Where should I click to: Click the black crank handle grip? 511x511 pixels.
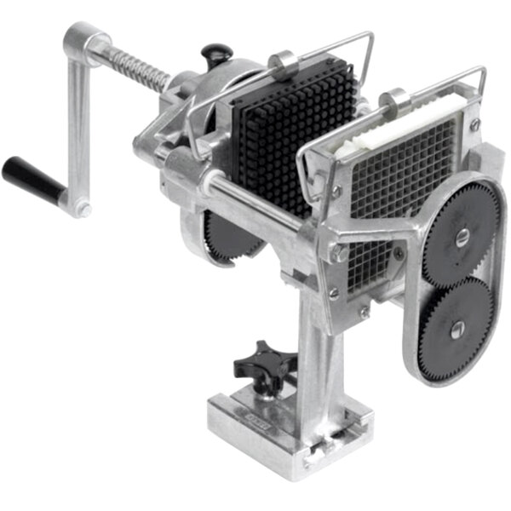click(32, 179)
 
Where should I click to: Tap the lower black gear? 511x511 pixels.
click(456, 328)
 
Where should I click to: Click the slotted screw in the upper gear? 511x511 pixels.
click(461, 239)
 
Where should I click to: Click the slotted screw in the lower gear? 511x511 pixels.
click(457, 330)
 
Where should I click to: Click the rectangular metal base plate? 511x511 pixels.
click(281, 430)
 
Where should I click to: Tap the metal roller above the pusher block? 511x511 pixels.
click(283, 65)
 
